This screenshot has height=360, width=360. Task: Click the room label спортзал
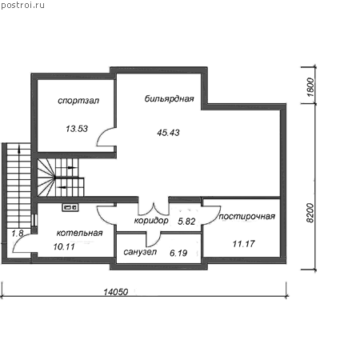(78, 101)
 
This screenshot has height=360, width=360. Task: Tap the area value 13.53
(77, 129)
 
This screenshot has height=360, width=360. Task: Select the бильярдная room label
(169, 99)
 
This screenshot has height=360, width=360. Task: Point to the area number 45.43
(168, 133)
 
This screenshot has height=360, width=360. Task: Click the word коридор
(151, 221)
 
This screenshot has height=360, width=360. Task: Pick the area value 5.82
(186, 222)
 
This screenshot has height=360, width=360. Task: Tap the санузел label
(140, 252)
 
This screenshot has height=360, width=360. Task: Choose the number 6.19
(178, 253)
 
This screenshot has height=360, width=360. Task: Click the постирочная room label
(247, 216)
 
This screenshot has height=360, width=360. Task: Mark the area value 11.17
(244, 244)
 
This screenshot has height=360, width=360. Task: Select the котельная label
(79, 233)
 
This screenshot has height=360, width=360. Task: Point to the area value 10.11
(64, 246)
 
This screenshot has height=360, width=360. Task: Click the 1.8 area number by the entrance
(18, 234)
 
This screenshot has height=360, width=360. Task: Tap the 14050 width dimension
(116, 292)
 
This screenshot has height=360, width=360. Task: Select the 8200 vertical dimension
(310, 213)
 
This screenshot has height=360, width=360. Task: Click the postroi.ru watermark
(22, 6)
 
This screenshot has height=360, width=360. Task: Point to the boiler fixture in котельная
(70, 207)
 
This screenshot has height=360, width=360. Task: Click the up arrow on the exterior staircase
(19, 150)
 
